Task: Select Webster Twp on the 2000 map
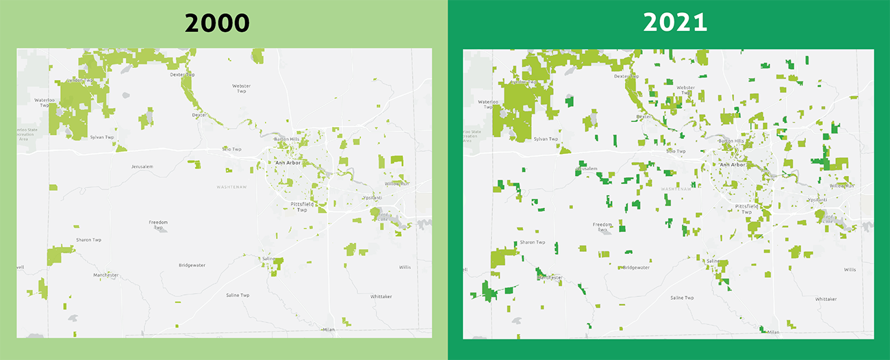[241, 88]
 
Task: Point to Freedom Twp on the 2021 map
[602, 227]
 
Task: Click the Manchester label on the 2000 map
[106, 275]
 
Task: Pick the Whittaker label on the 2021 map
[826, 299]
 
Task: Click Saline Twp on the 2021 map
[682, 298]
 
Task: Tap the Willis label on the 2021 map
[849, 270]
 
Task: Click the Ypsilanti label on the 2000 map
[372, 198]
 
